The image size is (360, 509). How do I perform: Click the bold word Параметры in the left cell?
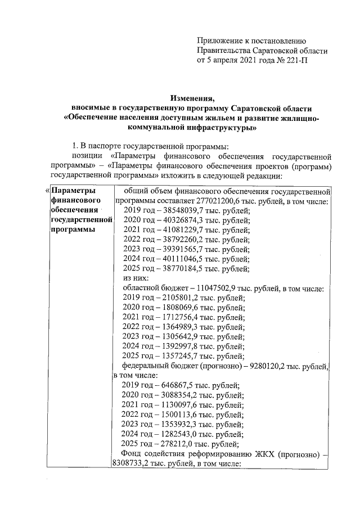(x=70, y=190)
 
